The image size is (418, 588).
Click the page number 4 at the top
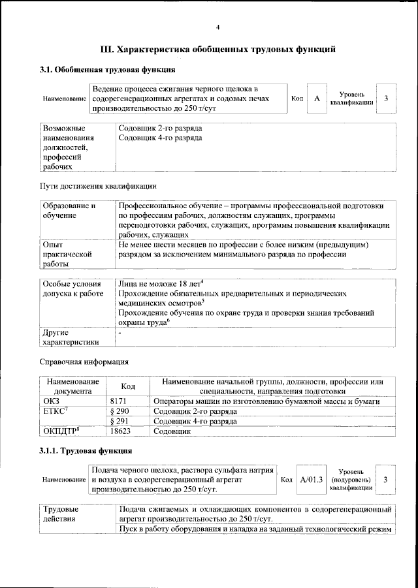coord(217,27)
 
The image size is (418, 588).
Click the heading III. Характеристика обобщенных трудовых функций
coord(217,49)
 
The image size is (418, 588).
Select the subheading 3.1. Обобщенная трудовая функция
coord(107,69)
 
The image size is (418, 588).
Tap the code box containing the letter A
coord(317,98)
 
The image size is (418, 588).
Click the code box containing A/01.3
coord(311,480)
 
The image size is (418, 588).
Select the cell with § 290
coord(118,411)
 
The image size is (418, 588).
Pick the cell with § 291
coord(118,422)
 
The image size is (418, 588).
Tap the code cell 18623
coord(120,432)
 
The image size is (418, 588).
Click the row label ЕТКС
coord(55,411)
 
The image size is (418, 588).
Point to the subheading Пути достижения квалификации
coord(98,186)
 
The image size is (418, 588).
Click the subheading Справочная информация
coord(84,361)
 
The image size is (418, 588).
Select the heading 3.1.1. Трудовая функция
coord(86,451)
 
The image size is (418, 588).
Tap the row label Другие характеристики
coord(71,337)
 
